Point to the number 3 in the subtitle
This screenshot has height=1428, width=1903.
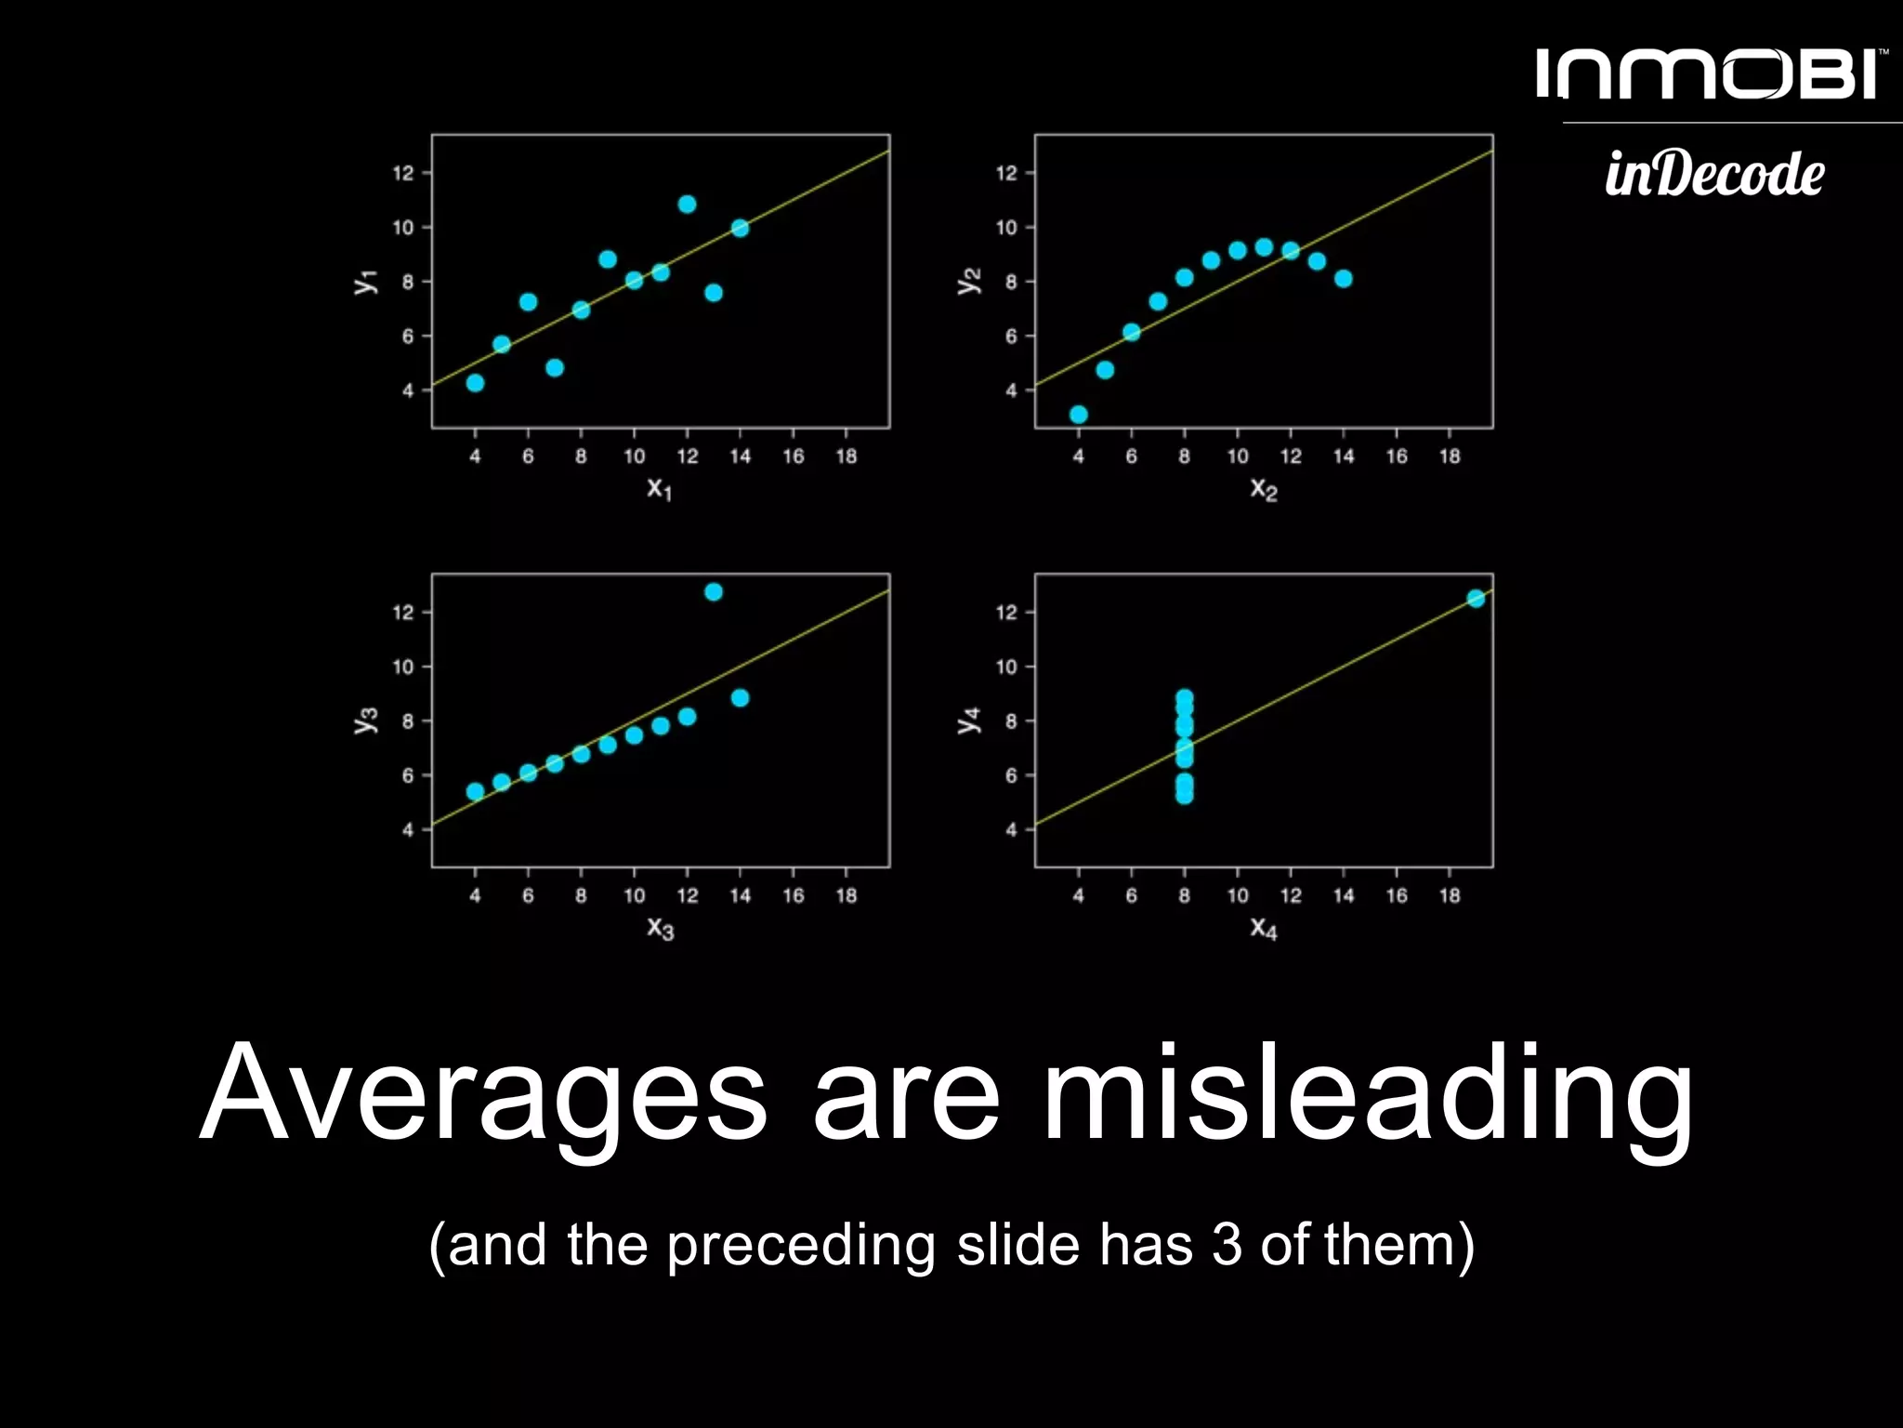[x=1227, y=1245]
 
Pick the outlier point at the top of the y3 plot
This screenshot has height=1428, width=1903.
[x=714, y=592]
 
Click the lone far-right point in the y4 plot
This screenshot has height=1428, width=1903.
[x=1476, y=599]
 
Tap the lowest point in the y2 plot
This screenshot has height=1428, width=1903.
[x=1078, y=415]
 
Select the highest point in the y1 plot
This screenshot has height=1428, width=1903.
[x=687, y=205]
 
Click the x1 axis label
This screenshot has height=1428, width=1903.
[x=659, y=488]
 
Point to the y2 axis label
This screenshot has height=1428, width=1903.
[x=968, y=281]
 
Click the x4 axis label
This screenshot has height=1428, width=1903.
[x=1264, y=928]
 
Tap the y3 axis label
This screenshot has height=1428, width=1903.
[x=365, y=720]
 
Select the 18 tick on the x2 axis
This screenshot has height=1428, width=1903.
[x=1450, y=456]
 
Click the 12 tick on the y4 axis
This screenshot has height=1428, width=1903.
[x=1006, y=613]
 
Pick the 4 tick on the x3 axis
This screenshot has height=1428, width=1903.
[x=475, y=896]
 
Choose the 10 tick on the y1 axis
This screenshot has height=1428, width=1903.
[x=402, y=228]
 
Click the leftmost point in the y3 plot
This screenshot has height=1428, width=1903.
[x=475, y=791]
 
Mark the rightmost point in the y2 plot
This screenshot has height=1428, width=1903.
[x=1343, y=279]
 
